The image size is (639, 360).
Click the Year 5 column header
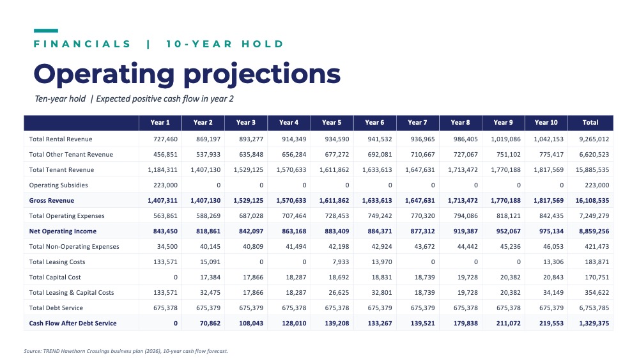pyautogui.click(x=331, y=122)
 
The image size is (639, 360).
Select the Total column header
pyautogui.click(x=590, y=122)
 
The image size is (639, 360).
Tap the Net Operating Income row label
pyautogui.click(x=63, y=231)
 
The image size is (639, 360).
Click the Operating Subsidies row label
pyautogui.click(x=58, y=185)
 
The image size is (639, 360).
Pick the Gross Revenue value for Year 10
pyautogui.click(x=548, y=201)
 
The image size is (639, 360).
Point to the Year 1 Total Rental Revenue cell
pyautogui.click(x=166, y=139)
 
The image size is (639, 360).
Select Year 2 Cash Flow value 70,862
pyautogui.click(x=210, y=324)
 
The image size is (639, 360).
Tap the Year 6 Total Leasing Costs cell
pyautogui.click(x=382, y=262)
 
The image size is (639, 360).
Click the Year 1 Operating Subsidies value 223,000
pyautogui.click(x=166, y=185)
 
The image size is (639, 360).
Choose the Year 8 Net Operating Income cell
pyautogui.click(x=466, y=231)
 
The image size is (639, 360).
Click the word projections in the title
pyautogui.click(x=262, y=75)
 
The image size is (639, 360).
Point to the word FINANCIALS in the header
pyautogui.click(x=82, y=44)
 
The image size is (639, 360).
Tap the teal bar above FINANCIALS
pyautogui.click(x=45, y=31)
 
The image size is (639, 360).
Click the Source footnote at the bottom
pyautogui.click(x=126, y=351)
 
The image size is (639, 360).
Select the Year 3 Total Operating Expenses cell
pyautogui.click(x=251, y=215)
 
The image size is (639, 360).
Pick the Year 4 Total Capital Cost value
pyautogui.click(x=296, y=278)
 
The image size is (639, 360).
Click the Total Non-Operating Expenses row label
pyautogui.click(x=74, y=247)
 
